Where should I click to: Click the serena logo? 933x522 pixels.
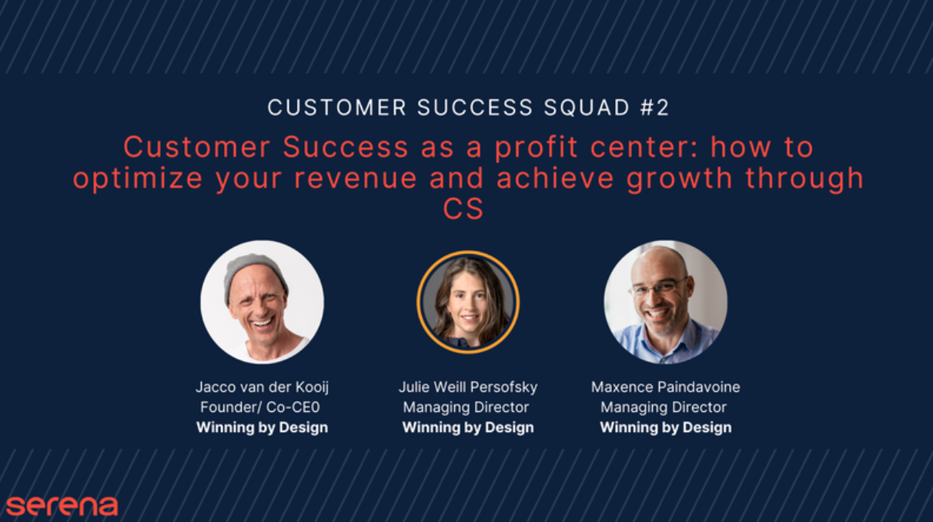coord(62,506)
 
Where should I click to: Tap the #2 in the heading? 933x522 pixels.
coord(654,108)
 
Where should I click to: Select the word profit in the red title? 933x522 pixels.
coord(536,149)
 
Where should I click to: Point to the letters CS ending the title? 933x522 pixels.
coord(463,209)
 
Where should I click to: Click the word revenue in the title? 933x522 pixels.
coord(356,179)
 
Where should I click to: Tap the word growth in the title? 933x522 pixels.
coord(679,179)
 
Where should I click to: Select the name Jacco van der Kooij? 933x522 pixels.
coord(262,387)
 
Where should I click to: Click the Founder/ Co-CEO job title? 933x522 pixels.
coord(260,407)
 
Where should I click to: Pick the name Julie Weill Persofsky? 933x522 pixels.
coord(468,387)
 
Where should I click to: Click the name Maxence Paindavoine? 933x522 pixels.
coord(666,387)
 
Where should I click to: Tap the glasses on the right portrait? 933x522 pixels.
coord(658,288)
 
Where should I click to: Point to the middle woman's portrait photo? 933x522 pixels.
coord(468,302)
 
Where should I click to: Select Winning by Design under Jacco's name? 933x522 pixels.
coord(262,427)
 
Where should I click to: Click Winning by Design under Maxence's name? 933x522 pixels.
coord(666,427)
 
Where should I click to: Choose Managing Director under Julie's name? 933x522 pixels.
coord(466,407)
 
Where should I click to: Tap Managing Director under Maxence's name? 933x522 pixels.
coord(664,407)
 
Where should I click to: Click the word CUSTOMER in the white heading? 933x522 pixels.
coord(336,108)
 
